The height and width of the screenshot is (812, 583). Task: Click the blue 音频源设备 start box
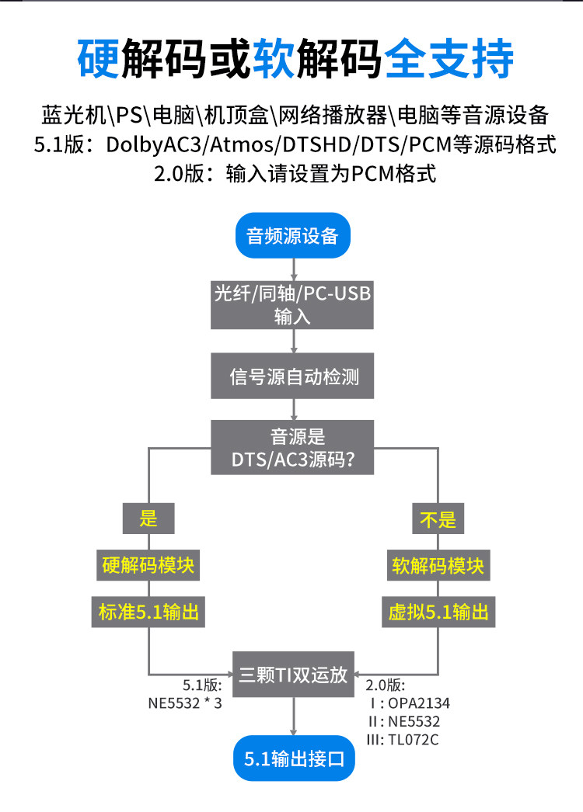[x=293, y=236]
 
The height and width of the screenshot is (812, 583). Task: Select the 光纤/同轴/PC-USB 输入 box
[x=292, y=304]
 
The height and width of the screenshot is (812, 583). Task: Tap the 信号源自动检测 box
[x=293, y=377]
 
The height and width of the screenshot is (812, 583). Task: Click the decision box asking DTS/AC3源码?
[x=293, y=447]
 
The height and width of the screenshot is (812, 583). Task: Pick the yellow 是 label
[x=148, y=518]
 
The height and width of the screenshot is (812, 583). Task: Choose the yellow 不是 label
[x=438, y=518]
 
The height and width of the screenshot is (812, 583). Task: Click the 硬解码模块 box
[x=148, y=565]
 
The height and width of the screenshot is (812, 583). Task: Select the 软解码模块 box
[x=437, y=565]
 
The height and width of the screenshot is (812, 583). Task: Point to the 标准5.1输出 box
[x=148, y=612]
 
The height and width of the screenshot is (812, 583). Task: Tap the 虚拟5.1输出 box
[x=438, y=612]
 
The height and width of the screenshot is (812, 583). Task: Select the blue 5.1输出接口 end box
[x=293, y=758]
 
